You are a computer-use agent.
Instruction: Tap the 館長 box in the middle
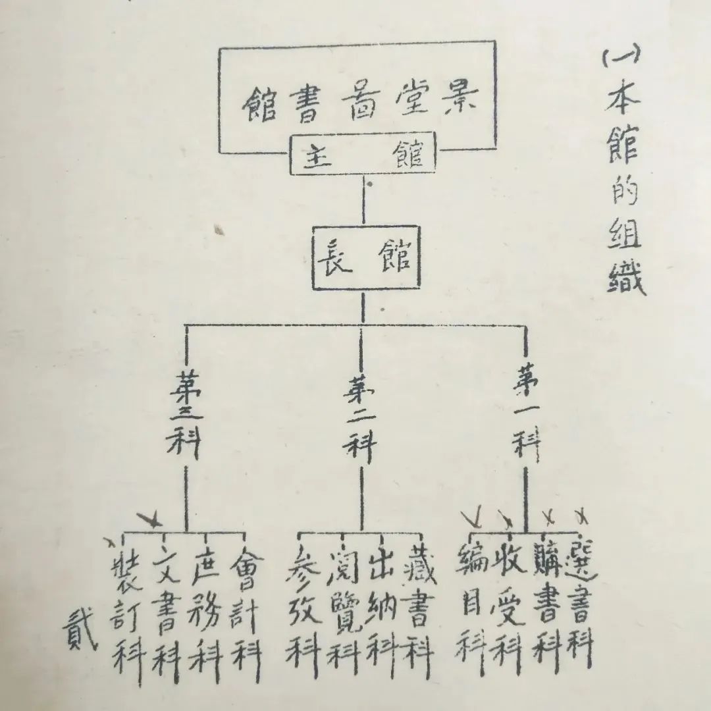pos(365,259)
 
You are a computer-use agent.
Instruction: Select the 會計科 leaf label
pos(244,606)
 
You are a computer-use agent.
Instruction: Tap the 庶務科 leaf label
pos(205,606)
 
